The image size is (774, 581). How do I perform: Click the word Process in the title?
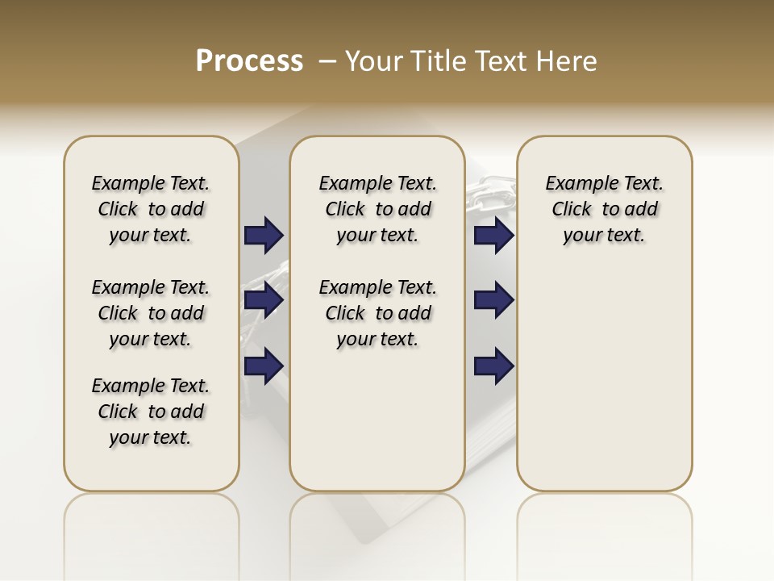[x=249, y=61]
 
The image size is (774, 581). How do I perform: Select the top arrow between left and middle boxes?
[x=264, y=236]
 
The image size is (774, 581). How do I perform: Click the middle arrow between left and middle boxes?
[x=264, y=301]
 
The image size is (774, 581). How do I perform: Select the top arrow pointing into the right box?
[x=493, y=236]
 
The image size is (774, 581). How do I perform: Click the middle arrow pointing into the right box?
[x=493, y=301]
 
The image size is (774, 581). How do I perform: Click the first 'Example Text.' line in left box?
[x=151, y=183]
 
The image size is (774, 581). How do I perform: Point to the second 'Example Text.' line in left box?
[x=151, y=287]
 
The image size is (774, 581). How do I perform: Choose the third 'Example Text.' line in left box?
[x=151, y=386]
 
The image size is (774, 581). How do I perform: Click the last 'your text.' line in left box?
[x=151, y=437]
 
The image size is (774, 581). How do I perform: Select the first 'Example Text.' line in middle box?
[x=377, y=183]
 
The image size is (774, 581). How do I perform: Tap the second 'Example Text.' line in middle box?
[x=377, y=287]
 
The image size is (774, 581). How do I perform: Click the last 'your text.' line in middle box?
[x=377, y=339]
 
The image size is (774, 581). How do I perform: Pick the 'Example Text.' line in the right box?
[x=604, y=183]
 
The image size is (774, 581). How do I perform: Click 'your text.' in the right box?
[x=604, y=235]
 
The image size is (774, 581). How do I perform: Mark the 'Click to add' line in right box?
[x=604, y=209]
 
